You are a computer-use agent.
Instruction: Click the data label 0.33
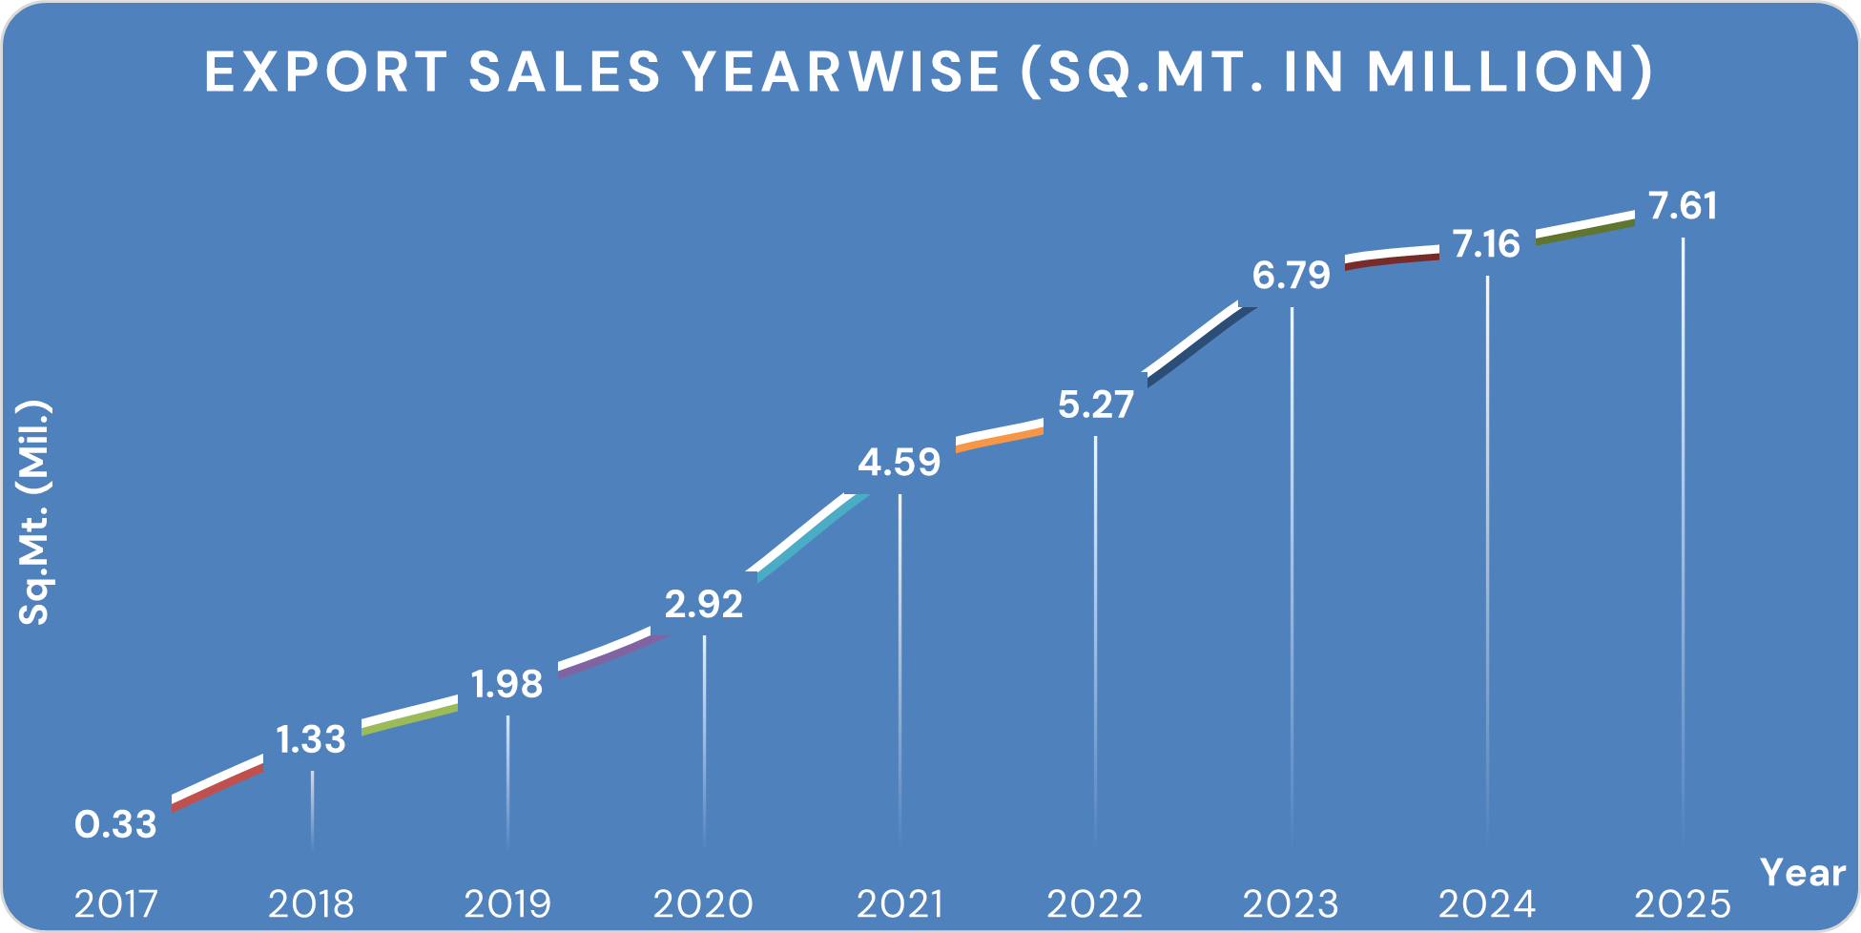coord(115,824)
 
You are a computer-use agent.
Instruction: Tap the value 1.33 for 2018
coord(311,739)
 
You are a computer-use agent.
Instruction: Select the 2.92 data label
coord(704,604)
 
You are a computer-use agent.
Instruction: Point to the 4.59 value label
coord(899,463)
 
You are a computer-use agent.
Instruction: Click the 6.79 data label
coord(1291,276)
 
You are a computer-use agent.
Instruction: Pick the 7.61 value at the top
coord(1683,206)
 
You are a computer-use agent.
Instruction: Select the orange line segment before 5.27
coord(1000,437)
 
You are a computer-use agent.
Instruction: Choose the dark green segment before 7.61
coord(1585,231)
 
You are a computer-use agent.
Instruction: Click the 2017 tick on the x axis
coord(115,903)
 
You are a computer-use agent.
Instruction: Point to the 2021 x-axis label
coord(899,903)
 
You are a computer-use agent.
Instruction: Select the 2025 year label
coord(1683,903)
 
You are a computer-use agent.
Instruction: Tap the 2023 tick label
coord(1291,903)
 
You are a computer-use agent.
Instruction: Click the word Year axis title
coord(1802,872)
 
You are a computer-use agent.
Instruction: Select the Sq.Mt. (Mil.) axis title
coord(34,513)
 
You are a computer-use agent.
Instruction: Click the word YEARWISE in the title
coord(843,72)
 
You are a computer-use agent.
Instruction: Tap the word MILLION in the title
coord(1495,72)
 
